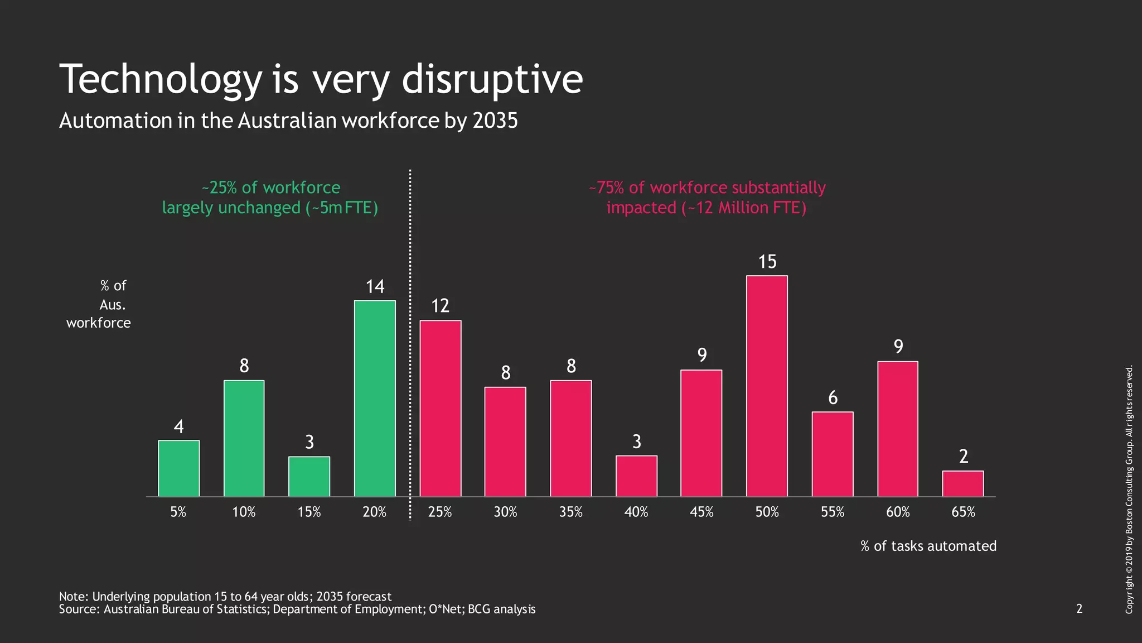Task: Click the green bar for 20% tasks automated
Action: tap(375, 399)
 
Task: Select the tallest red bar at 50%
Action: tap(767, 386)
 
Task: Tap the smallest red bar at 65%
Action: tap(963, 484)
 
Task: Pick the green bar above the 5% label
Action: tap(178, 468)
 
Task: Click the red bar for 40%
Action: tap(636, 476)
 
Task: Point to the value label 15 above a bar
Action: tap(767, 262)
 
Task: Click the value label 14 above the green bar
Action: tap(375, 287)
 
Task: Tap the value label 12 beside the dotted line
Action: tap(440, 306)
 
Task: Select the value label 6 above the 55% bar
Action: tap(833, 398)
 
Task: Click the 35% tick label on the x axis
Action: tap(570, 512)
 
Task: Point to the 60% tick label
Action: tap(898, 512)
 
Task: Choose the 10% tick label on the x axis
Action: tap(244, 512)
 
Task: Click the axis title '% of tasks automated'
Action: tap(928, 546)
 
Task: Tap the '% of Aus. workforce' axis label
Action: tap(99, 304)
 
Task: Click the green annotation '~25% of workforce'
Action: tap(271, 188)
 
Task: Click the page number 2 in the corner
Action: tap(1079, 608)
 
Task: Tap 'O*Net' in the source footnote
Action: tap(446, 609)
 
